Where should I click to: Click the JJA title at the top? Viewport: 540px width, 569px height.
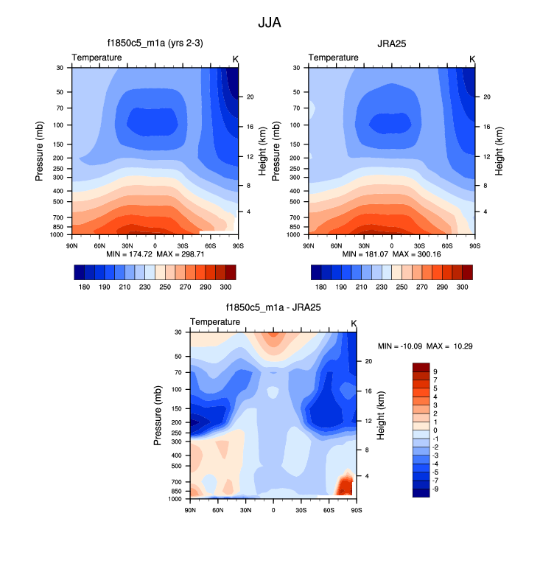pos(269,23)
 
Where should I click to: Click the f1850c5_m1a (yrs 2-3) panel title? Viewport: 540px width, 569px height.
pos(154,43)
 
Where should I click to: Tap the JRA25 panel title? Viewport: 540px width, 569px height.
pos(391,43)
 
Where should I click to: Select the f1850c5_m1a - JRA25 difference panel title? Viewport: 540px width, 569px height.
pos(273,308)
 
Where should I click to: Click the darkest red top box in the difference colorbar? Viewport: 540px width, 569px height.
pos(421,367)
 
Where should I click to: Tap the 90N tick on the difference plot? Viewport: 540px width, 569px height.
pos(190,509)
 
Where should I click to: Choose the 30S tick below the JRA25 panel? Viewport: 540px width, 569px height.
pos(419,245)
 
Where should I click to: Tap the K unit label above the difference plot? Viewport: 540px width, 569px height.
pos(354,323)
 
